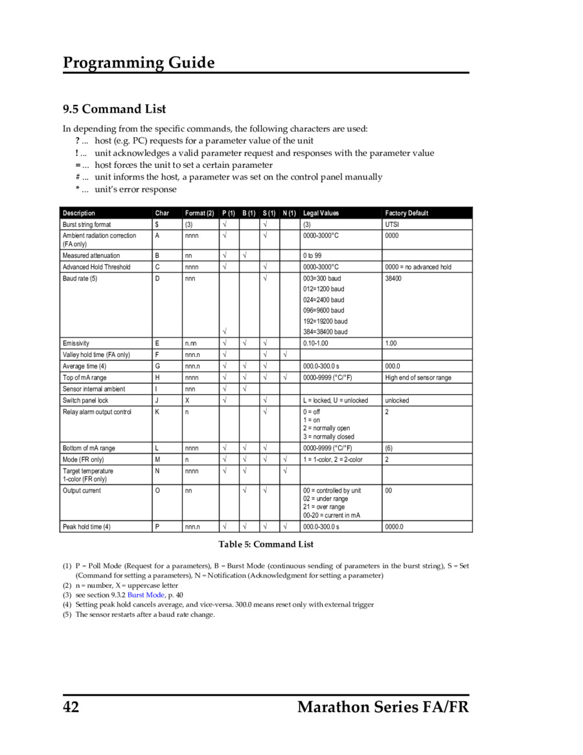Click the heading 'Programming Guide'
pyautogui.click(x=139, y=63)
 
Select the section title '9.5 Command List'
pyautogui.click(x=114, y=109)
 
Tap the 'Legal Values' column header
pyautogui.click(x=321, y=213)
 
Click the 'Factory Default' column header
pyautogui.click(x=406, y=213)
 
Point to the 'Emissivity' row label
pyautogui.click(x=76, y=343)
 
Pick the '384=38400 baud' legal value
pyautogui.click(x=325, y=332)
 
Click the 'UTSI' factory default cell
pyautogui.click(x=392, y=224)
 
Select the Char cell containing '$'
pyautogui.click(x=157, y=224)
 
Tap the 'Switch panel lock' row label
pyautogui.click(x=86, y=401)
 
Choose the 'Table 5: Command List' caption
pyautogui.click(x=266, y=544)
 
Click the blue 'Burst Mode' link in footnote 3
pyautogui.click(x=146, y=594)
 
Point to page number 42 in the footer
pyautogui.click(x=71, y=707)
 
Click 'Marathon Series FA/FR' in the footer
pyautogui.click(x=383, y=707)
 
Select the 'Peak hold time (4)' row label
pyautogui.click(x=86, y=527)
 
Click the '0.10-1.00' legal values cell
pyautogui.click(x=316, y=343)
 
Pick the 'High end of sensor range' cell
pyautogui.click(x=418, y=378)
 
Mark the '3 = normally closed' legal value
pyautogui.click(x=328, y=437)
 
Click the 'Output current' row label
pyautogui.click(x=82, y=491)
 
